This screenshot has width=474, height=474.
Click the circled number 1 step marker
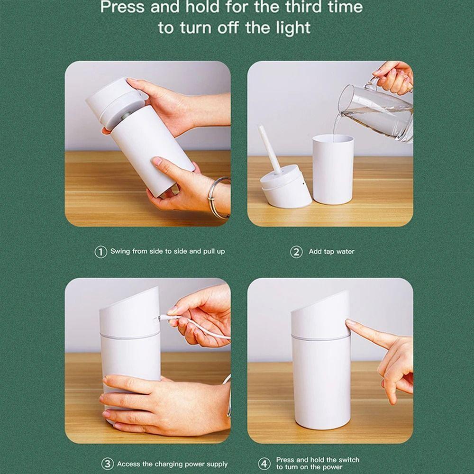(x=100, y=252)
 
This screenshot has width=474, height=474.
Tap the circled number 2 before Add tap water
(x=296, y=252)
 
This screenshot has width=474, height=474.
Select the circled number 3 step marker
(x=108, y=464)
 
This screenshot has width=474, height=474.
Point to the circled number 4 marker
(x=264, y=463)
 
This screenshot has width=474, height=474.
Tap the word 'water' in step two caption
(x=345, y=252)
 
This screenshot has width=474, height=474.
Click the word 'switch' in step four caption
(x=349, y=459)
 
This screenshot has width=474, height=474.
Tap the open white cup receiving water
(x=333, y=168)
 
